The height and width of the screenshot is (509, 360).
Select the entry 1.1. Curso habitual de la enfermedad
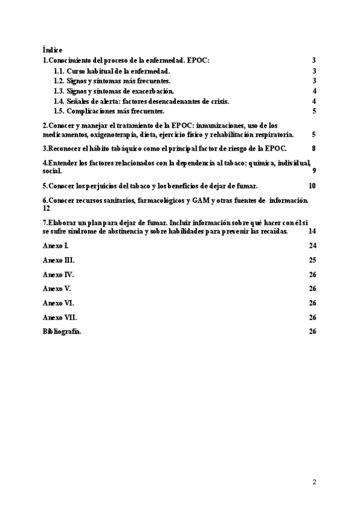point(112,71)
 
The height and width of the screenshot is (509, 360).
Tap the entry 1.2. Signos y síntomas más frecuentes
point(112,81)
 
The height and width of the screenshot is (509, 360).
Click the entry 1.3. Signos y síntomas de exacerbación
point(114,91)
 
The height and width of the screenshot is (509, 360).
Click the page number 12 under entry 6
point(46,208)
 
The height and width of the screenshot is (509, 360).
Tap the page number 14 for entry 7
point(312,231)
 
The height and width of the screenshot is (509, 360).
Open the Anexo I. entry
point(56,245)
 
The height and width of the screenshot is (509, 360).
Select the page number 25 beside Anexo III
point(312,260)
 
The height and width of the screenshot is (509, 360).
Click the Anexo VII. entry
point(59,317)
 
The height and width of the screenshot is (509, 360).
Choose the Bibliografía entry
point(62,331)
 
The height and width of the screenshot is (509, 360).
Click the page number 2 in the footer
point(314,481)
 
